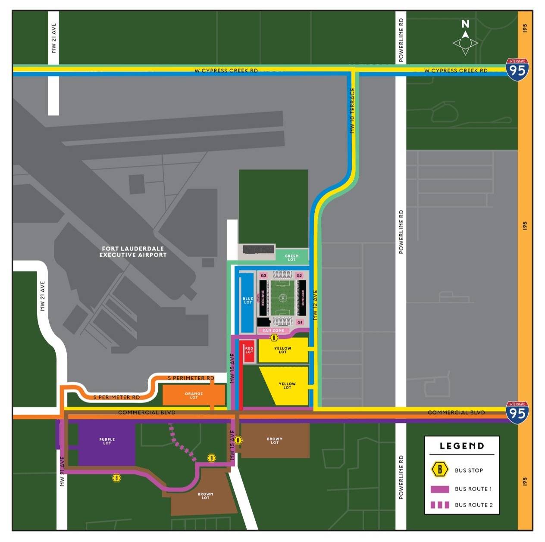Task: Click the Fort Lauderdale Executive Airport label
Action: click(133, 252)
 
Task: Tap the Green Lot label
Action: click(291, 258)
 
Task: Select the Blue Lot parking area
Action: click(247, 300)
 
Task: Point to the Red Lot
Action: click(249, 351)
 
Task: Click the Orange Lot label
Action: click(194, 395)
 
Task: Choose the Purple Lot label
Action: click(107, 441)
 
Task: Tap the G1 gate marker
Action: click(300, 322)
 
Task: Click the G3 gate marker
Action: click(263, 275)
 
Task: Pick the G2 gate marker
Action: click(300, 275)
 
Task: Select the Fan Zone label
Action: click(273, 330)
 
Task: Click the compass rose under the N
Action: click(465, 44)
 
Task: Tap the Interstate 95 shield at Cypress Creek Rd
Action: click(517, 69)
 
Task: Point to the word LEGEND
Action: click(462, 446)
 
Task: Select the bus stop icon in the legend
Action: click(440, 470)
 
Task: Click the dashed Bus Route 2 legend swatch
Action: click(440, 505)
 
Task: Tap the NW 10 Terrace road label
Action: click(353, 110)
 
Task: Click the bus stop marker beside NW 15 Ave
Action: click(238, 440)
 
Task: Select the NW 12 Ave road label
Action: click(315, 305)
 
